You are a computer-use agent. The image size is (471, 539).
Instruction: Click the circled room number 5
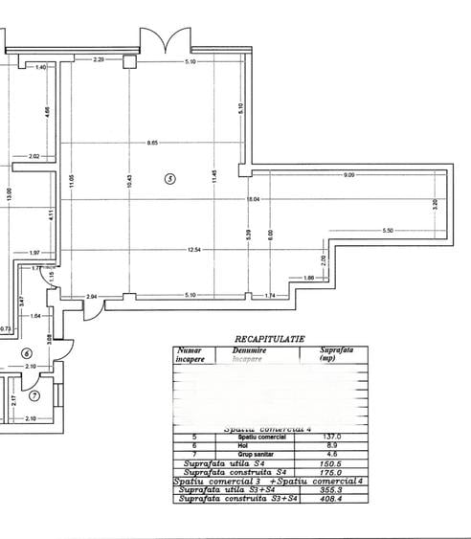tap(170, 178)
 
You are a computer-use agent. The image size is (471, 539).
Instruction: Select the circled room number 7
tap(34, 395)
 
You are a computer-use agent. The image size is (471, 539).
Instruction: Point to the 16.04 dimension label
tap(253, 199)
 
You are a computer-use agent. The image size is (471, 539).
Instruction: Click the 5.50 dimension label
tap(388, 231)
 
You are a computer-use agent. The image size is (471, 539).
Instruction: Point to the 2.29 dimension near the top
tap(98, 60)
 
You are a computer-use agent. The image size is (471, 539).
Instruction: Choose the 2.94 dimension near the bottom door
tap(92, 297)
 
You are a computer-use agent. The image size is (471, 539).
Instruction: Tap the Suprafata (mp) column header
tap(336, 354)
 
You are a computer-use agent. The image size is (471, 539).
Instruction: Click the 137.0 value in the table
tap(336, 437)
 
